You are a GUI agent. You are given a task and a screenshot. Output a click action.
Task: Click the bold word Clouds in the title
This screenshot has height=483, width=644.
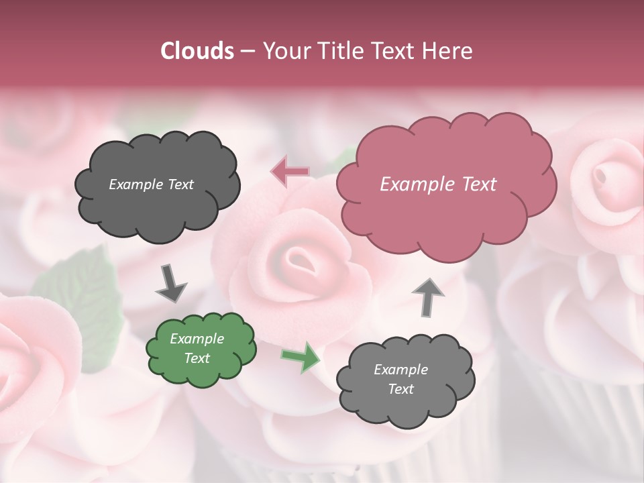pos(197,51)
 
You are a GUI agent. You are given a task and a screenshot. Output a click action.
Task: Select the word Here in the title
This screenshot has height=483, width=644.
pos(449,51)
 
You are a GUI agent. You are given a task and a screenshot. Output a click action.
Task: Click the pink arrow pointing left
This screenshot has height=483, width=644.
pos(290,172)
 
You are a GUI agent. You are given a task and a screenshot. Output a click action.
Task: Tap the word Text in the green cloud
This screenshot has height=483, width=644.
pos(197,358)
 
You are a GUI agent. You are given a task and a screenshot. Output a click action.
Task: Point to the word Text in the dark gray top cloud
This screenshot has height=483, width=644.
pos(180,184)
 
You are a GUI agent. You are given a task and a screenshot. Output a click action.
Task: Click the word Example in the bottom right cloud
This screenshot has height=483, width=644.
pos(400,370)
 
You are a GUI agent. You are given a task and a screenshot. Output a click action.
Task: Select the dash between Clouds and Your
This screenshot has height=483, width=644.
pos(247,51)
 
